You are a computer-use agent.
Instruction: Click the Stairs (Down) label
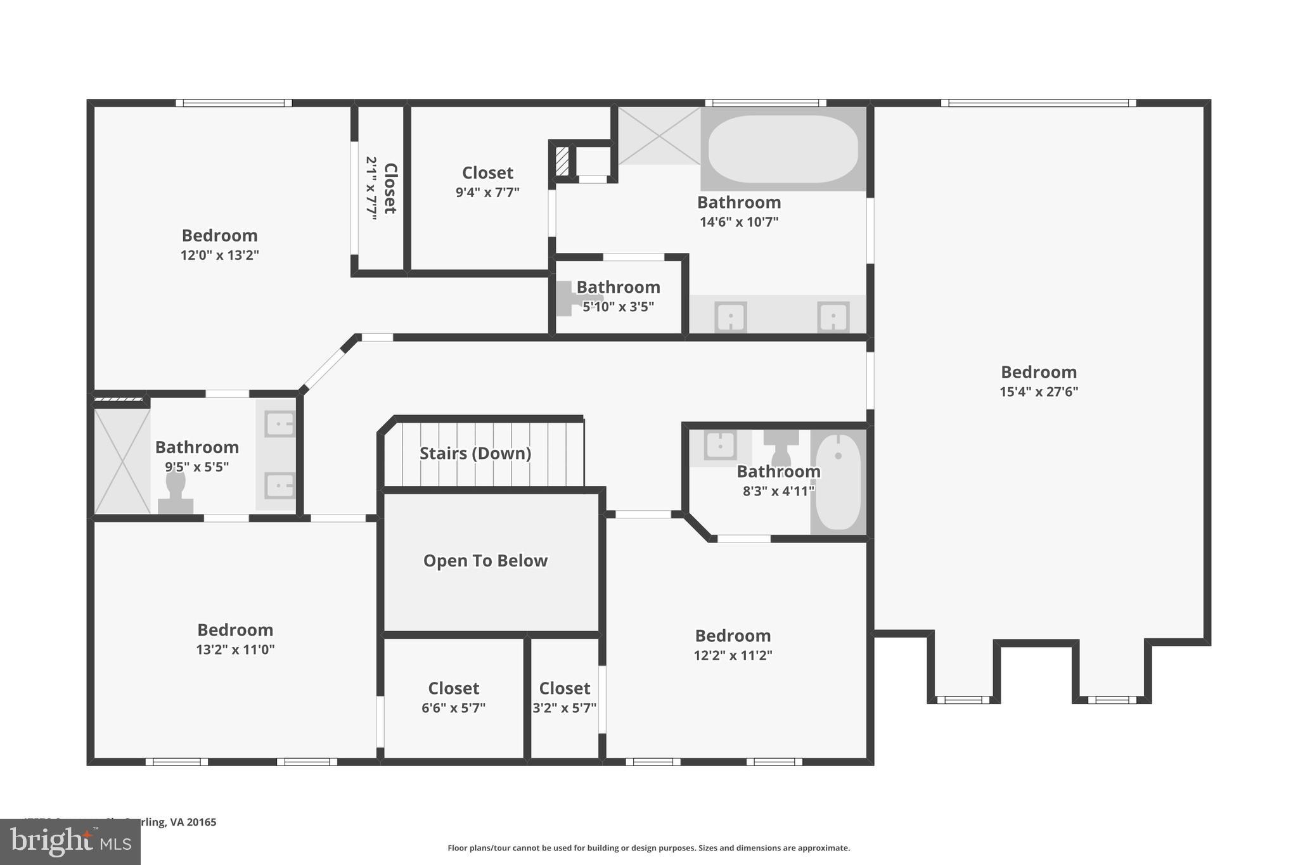(475, 453)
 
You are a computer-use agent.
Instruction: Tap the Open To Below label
(485, 561)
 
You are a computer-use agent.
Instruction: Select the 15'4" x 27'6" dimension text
(1039, 392)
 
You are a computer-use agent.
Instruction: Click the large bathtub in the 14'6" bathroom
(783, 149)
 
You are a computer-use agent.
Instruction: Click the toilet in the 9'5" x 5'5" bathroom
(176, 492)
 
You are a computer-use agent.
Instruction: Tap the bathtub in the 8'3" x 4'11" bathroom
(838, 482)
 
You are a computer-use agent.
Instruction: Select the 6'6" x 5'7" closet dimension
(453, 708)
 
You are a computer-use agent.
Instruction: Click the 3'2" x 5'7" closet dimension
(564, 708)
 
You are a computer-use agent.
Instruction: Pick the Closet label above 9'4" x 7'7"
(487, 172)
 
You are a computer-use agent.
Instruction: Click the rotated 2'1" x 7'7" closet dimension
(371, 188)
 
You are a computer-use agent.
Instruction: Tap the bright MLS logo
(70, 842)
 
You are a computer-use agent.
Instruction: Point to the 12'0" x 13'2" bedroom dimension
(219, 255)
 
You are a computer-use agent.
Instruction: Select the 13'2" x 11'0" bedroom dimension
(235, 650)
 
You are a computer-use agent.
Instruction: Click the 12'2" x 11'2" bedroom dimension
(733, 655)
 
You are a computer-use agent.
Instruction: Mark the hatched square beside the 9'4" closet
(562, 161)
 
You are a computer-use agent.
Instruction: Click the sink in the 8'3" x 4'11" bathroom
(720, 445)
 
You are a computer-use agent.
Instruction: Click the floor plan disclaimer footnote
(648, 848)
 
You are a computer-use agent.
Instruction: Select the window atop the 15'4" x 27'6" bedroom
(1038, 103)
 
